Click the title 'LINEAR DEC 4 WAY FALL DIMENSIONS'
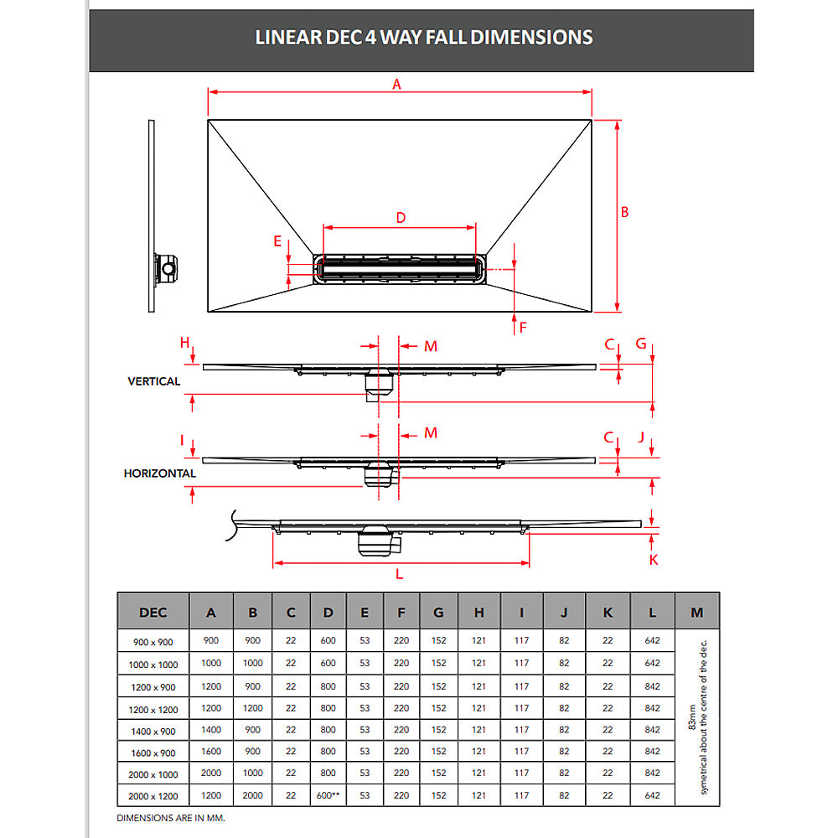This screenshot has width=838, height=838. click(x=423, y=38)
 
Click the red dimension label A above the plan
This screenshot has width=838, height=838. click(x=397, y=84)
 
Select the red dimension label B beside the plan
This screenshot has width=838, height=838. click(x=624, y=213)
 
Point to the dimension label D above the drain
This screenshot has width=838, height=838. click(x=401, y=218)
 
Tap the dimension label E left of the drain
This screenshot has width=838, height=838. click(x=277, y=241)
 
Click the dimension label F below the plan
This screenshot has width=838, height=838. click(x=523, y=328)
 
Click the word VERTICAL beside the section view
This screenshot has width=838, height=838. click(x=153, y=381)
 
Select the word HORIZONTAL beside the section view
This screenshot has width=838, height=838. click(x=160, y=473)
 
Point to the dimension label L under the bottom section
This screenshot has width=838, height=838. click(x=399, y=574)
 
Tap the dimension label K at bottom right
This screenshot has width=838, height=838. click(x=654, y=560)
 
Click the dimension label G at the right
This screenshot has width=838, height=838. click(x=641, y=344)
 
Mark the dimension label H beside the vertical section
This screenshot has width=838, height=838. click(x=184, y=343)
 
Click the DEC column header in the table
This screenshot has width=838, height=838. click(x=153, y=613)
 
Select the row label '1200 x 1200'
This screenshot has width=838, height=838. click(x=153, y=708)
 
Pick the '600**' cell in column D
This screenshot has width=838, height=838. click(x=328, y=795)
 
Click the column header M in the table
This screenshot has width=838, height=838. click(x=696, y=613)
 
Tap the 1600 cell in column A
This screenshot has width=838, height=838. click(x=211, y=752)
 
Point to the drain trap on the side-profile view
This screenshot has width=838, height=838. click(x=168, y=268)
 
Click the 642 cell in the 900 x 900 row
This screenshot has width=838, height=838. click(x=654, y=640)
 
